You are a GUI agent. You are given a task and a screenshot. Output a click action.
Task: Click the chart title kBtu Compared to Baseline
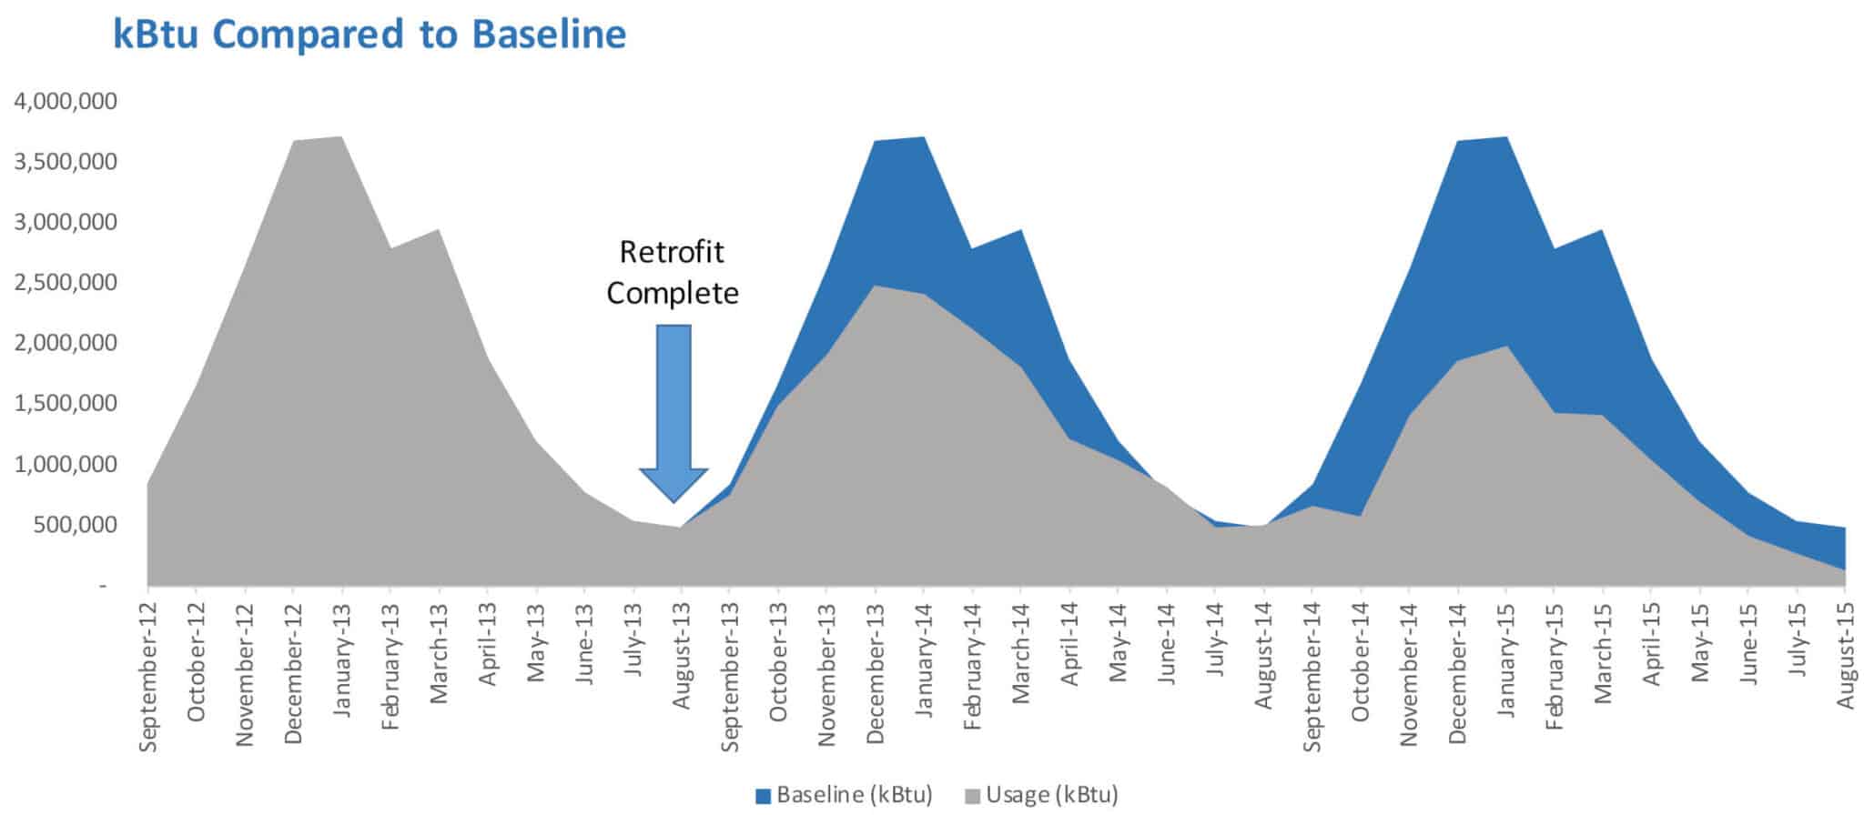[370, 35]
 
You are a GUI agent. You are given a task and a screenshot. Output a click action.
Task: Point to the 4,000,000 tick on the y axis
[66, 101]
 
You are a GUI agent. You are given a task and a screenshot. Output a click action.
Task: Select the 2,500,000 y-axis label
[66, 282]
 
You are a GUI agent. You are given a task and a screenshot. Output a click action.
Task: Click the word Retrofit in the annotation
[672, 252]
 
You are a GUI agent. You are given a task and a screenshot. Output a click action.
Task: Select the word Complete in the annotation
[673, 294]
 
